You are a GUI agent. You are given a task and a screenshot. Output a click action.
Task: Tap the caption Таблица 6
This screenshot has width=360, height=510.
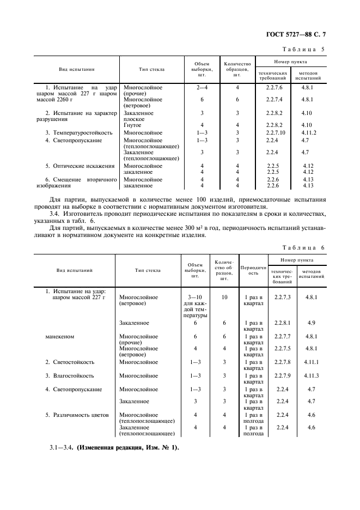(307, 247)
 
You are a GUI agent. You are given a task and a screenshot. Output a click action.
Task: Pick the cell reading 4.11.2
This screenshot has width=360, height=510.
(309, 132)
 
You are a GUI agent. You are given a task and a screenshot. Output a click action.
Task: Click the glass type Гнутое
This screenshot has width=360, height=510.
(133, 125)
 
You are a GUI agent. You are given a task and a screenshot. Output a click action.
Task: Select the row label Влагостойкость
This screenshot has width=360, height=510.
(73, 375)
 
